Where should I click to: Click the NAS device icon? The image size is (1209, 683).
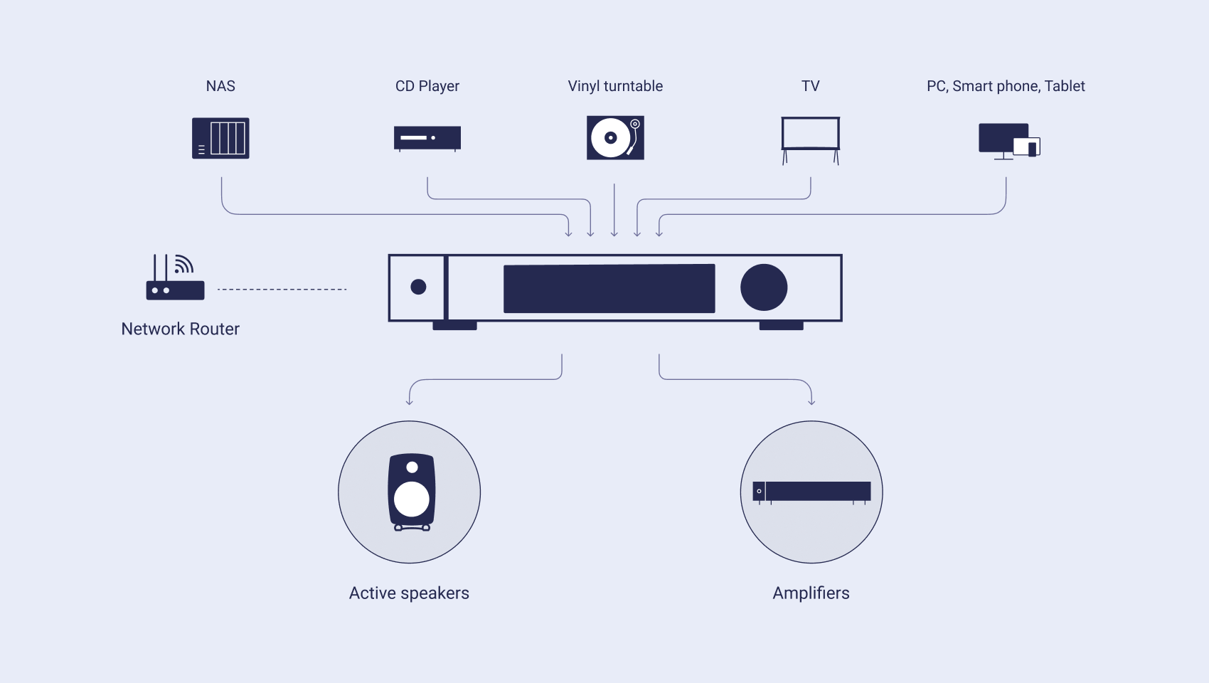pyautogui.click(x=220, y=138)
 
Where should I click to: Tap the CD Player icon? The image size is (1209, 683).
pyautogui.click(x=427, y=139)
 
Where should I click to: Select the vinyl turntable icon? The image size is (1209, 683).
pyautogui.click(x=615, y=138)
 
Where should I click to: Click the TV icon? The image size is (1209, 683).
pyautogui.click(x=811, y=140)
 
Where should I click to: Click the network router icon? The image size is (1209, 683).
pyautogui.click(x=176, y=277)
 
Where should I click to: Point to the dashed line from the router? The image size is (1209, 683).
pyautogui.click(x=282, y=290)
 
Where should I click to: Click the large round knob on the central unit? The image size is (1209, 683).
pyautogui.click(x=764, y=287)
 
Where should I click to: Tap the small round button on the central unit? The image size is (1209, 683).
pyautogui.click(x=418, y=287)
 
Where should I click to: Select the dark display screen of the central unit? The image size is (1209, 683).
pyautogui.click(x=609, y=288)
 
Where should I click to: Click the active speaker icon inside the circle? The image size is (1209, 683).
pyautogui.click(x=412, y=492)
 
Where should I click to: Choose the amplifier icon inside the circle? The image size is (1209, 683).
pyautogui.click(x=811, y=492)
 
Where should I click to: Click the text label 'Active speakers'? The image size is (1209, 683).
pyautogui.click(x=409, y=593)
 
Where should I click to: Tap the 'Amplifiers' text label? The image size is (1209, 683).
pyautogui.click(x=811, y=593)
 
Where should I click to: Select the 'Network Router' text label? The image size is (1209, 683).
pyautogui.click(x=180, y=329)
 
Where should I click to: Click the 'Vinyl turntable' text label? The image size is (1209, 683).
pyautogui.click(x=615, y=86)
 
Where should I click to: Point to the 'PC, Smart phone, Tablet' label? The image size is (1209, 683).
pyautogui.click(x=1006, y=86)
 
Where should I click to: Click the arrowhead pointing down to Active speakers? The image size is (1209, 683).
pyautogui.click(x=410, y=402)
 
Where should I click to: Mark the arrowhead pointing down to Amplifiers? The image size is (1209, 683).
pyautogui.click(x=811, y=402)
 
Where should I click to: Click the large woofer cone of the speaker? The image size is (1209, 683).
pyautogui.click(x=412, y=499)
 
